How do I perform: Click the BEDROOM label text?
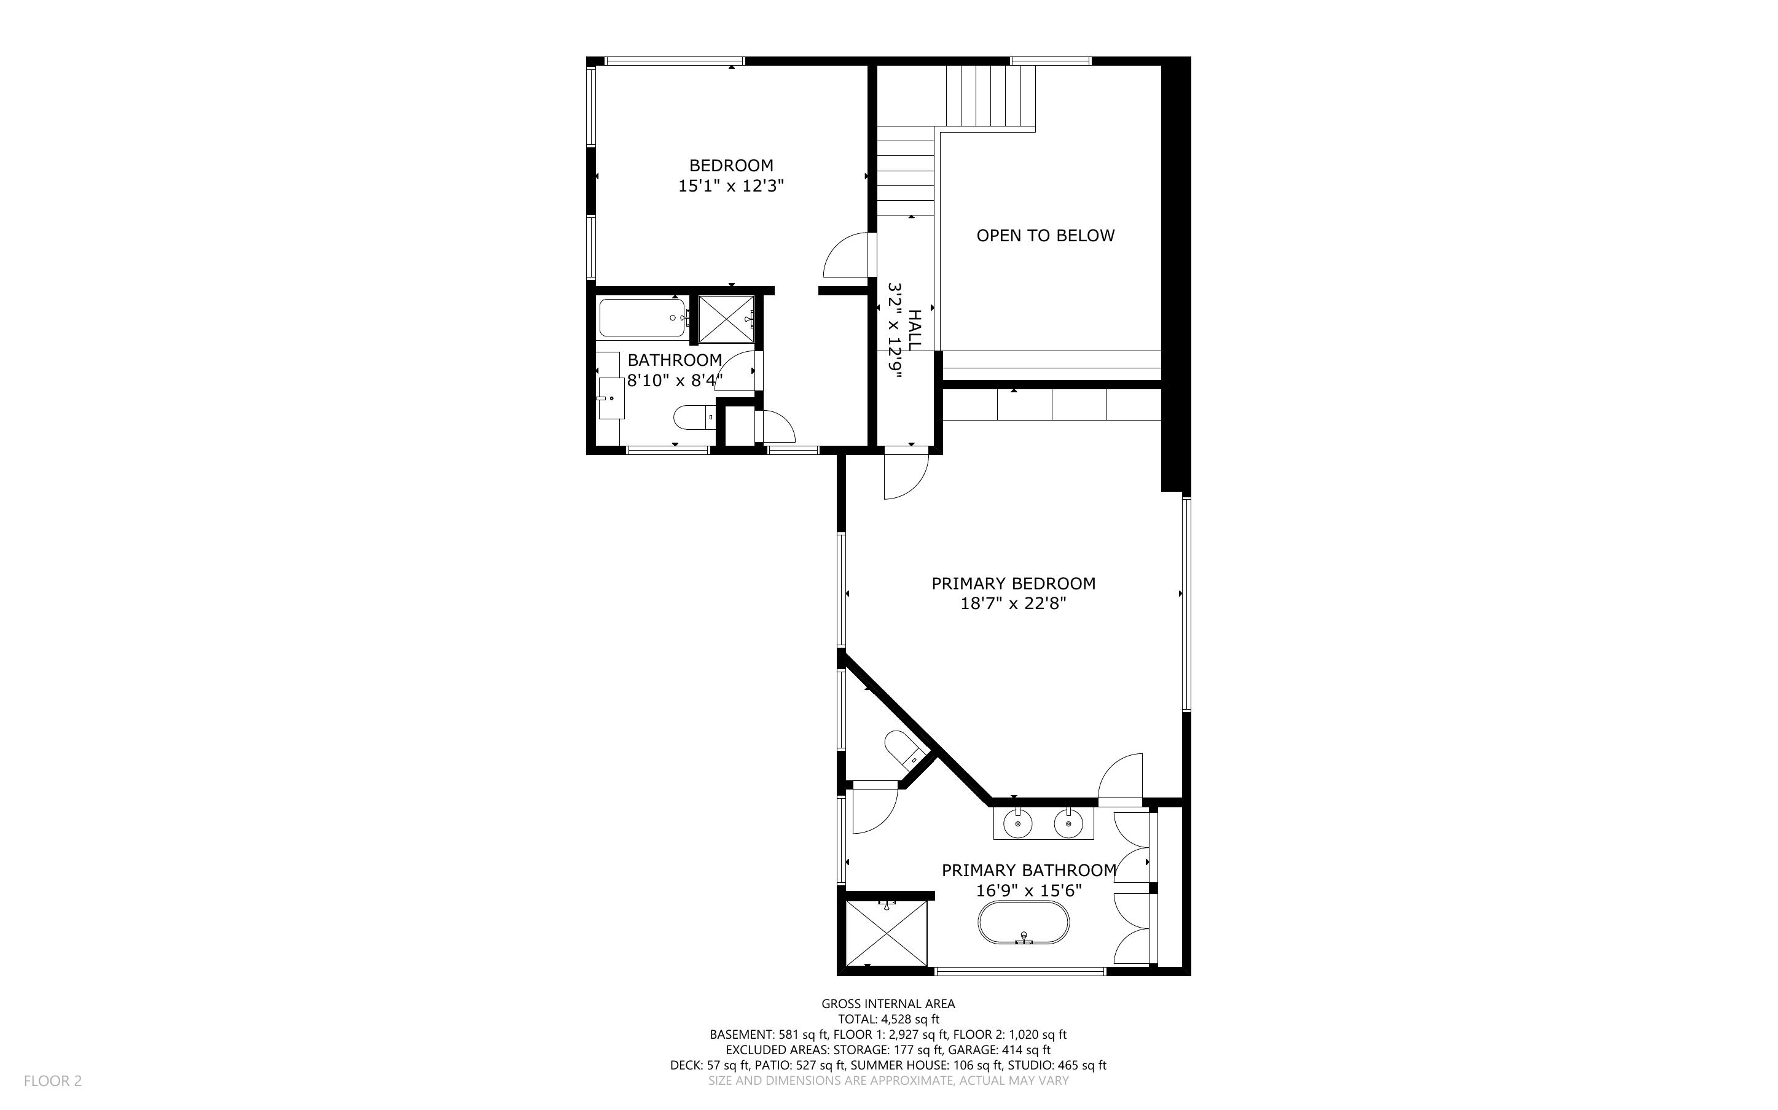tap(730, 166)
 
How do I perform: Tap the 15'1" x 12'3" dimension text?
tap(730, 187)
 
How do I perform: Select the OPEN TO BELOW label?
tap(1045, 236)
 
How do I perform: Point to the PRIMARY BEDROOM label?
tap(1014, 584)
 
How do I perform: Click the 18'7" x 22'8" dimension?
tap(1014, 604)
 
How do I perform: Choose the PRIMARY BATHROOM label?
tap(1029, 871)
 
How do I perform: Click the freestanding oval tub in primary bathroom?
tap(1023, 923)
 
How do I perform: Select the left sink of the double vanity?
tap(1018, 824)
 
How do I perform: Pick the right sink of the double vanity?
tap(1067, 824)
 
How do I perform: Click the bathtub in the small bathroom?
tap(643, 318)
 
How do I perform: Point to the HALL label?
tap(914, 330)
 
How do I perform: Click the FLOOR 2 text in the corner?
tap(53, 1081)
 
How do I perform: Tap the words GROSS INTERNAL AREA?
tap(888, 1004)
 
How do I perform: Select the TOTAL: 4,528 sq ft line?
tap(888, 1019)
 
